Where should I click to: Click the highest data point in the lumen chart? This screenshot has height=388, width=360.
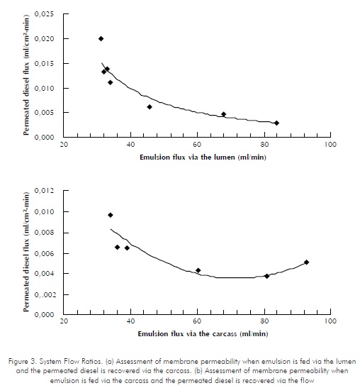pyautogui.click(x=101, y=38)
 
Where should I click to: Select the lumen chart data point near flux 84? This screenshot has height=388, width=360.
pyautogui.click(x=276, y=123)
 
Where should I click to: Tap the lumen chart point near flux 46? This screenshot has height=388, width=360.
pyautogui.click(x=150, y=107)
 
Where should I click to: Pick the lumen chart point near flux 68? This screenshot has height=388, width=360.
pyautogui.click(x=223, y=114)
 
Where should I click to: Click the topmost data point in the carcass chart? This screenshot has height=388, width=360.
pyautogui.click(x=111, y=215)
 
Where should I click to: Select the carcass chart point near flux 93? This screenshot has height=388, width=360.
pyautogui.click(x=307, y=262)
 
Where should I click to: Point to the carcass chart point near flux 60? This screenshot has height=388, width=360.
pyautogui.click(x=198, y=270)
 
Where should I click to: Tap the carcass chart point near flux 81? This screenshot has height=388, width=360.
pyautogui.click(x=266, y=276)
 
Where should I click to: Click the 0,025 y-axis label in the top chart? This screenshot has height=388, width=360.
pyautogui.click(x=44, y=14)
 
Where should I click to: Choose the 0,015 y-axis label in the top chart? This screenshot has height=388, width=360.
pyautogui.click(x=44, y=64)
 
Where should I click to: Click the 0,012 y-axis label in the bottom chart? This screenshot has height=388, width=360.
pyautogui.click(x=44, y=191)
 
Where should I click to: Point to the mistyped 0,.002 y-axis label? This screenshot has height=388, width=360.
pyautogui.click(x=44, y=294)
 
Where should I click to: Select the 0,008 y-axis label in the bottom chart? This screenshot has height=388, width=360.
pyautogui.click(x=44, y=233)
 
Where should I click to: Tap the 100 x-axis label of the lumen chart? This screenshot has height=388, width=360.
pyautogui.click(x=330, y=144)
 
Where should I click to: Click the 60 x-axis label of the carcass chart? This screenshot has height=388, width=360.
pyautogui.click(x=197, y=321)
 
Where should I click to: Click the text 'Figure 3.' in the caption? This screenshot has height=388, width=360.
pyautogui.click(x=23, y=362)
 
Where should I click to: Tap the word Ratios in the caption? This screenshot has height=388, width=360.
pyautogui.click(x=92, y=362)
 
